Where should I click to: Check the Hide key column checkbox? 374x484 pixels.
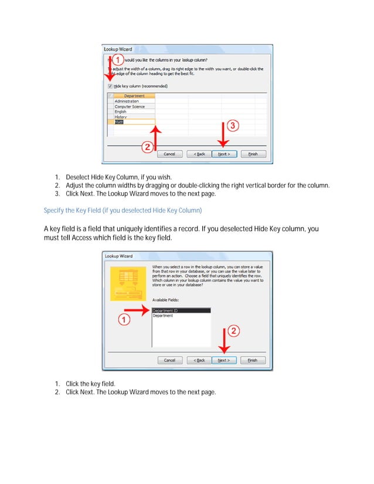(x=110, y=86)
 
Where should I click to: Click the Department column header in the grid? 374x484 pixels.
(x=134, y=96)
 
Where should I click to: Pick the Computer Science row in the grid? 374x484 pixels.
(x=130, y=107)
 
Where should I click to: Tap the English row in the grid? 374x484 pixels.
(x=120, y=111)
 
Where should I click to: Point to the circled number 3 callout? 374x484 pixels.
(x=232, y=126)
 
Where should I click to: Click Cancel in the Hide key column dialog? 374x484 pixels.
(x=169, y=154)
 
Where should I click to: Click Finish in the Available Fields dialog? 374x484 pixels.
(x=253, y=360)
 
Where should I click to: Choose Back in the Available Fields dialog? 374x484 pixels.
(x=200, y=360)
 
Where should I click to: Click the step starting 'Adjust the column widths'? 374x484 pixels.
(x=197, y=185)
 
